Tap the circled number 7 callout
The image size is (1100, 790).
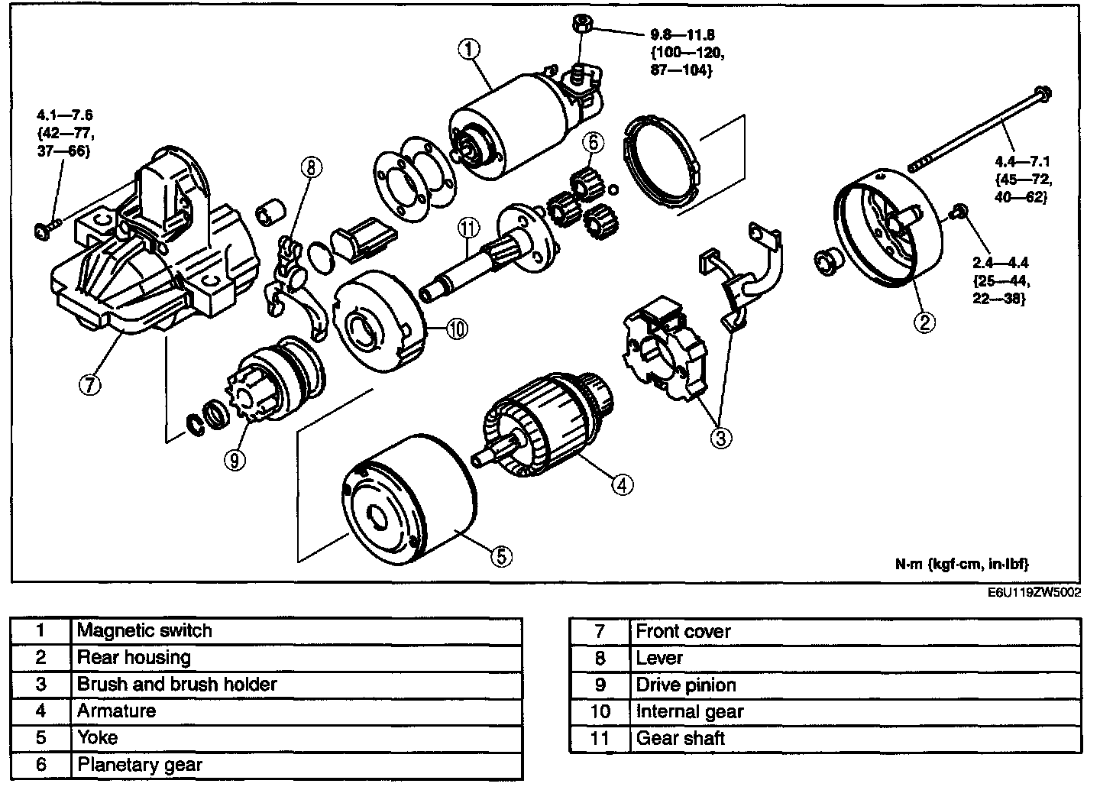[89, 385]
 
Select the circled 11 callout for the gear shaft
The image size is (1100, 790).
[467, 227]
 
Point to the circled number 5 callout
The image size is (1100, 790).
[500, 556]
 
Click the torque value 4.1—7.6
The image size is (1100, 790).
[65, 115]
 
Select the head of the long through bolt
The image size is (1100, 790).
[1041, 94]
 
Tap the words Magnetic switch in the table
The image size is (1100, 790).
[144, 631]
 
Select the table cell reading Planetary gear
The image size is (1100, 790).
[140, 765]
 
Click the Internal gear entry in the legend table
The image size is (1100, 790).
[689, 712]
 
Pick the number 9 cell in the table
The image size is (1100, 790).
[600, 685]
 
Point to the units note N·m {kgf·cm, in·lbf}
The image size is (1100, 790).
[962, 564]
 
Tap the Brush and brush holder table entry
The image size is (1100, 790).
[176, 685]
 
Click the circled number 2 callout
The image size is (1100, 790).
[924, 322]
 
